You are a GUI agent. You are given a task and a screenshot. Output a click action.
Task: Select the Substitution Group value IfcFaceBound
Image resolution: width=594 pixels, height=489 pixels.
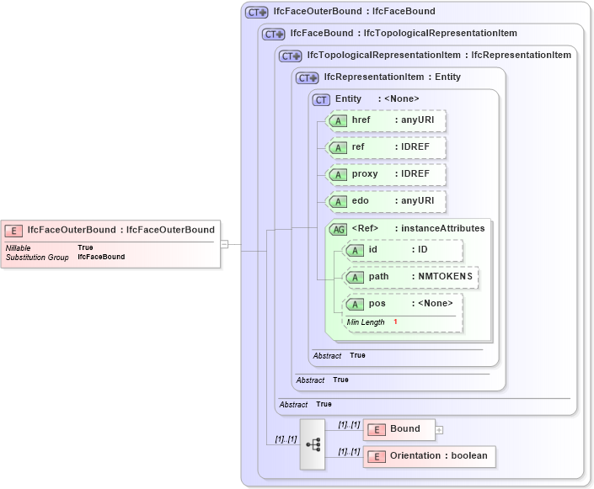101,257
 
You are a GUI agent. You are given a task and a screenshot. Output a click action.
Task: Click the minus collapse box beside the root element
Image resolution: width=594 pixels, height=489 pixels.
224,244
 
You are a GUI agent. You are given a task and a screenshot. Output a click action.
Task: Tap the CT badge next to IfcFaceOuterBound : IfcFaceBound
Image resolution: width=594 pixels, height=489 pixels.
256,13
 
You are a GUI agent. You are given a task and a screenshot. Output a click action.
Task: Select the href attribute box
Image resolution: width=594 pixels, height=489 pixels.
387,120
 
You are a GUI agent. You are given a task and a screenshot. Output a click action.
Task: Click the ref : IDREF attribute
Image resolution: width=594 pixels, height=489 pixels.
387,147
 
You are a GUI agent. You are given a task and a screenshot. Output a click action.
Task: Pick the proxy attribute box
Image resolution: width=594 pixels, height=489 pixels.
387,174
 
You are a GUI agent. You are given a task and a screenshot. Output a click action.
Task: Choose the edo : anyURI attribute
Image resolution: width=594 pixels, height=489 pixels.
387,201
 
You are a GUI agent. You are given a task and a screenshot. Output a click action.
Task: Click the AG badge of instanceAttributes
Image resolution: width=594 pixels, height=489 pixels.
337,228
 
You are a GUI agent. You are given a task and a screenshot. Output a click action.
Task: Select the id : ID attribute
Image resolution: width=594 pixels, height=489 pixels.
404,250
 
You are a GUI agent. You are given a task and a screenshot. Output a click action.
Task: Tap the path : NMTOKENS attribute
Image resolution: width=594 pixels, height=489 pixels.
412,276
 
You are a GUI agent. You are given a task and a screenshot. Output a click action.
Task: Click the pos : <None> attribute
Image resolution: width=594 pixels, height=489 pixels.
404,304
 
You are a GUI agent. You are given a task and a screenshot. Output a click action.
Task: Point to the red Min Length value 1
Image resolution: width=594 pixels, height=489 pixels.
395,322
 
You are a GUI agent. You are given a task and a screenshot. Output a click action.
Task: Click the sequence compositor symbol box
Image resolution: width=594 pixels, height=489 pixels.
313,444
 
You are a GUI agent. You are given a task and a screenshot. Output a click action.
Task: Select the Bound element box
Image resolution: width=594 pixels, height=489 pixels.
399,429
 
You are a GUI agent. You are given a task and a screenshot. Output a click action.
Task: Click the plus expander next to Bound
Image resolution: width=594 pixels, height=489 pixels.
439,429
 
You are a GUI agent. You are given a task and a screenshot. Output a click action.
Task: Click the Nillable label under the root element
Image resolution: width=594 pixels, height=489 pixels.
19,247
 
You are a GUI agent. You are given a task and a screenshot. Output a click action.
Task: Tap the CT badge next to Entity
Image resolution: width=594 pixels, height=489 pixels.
321,99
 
